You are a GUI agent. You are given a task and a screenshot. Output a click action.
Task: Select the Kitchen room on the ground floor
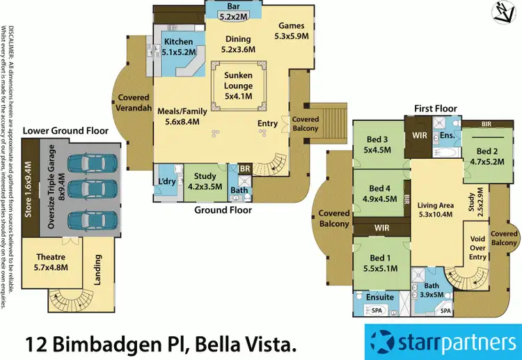[x=178, y=47]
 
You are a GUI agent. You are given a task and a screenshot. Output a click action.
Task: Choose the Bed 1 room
[x=380, y=263]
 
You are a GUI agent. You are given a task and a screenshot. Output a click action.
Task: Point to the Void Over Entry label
[x=478, y=247]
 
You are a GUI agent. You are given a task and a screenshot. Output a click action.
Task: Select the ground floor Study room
[x=205, y=182]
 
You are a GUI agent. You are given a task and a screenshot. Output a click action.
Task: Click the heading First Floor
[x=435, y=109]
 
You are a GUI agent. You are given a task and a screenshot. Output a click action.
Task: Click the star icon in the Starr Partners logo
[x=382, y=343]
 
